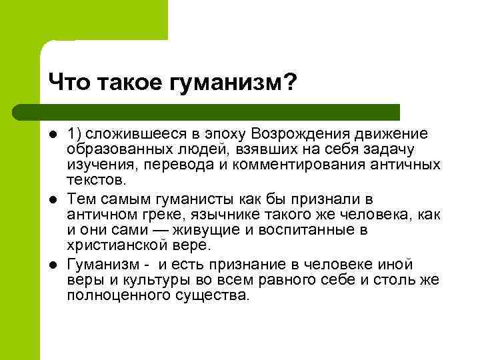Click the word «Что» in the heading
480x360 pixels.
69,83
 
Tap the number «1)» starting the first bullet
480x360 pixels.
75,135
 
